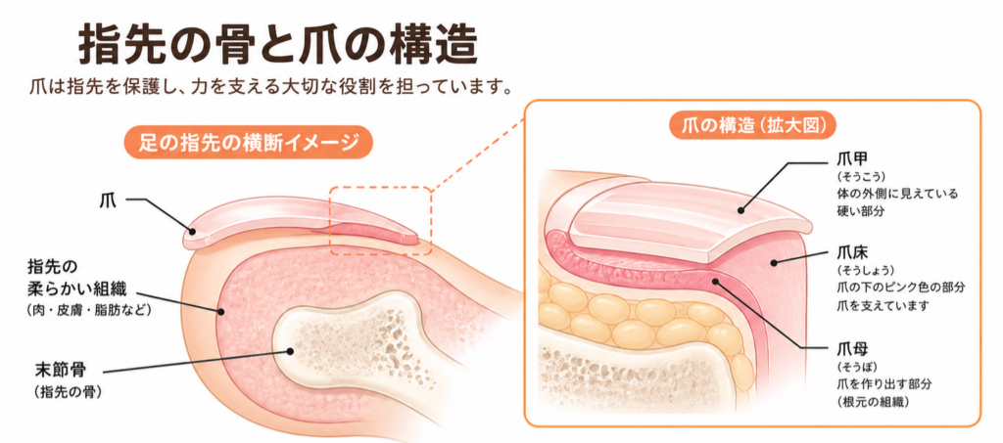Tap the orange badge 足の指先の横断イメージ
248,143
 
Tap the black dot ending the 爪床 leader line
774,262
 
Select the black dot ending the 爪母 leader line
716,281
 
